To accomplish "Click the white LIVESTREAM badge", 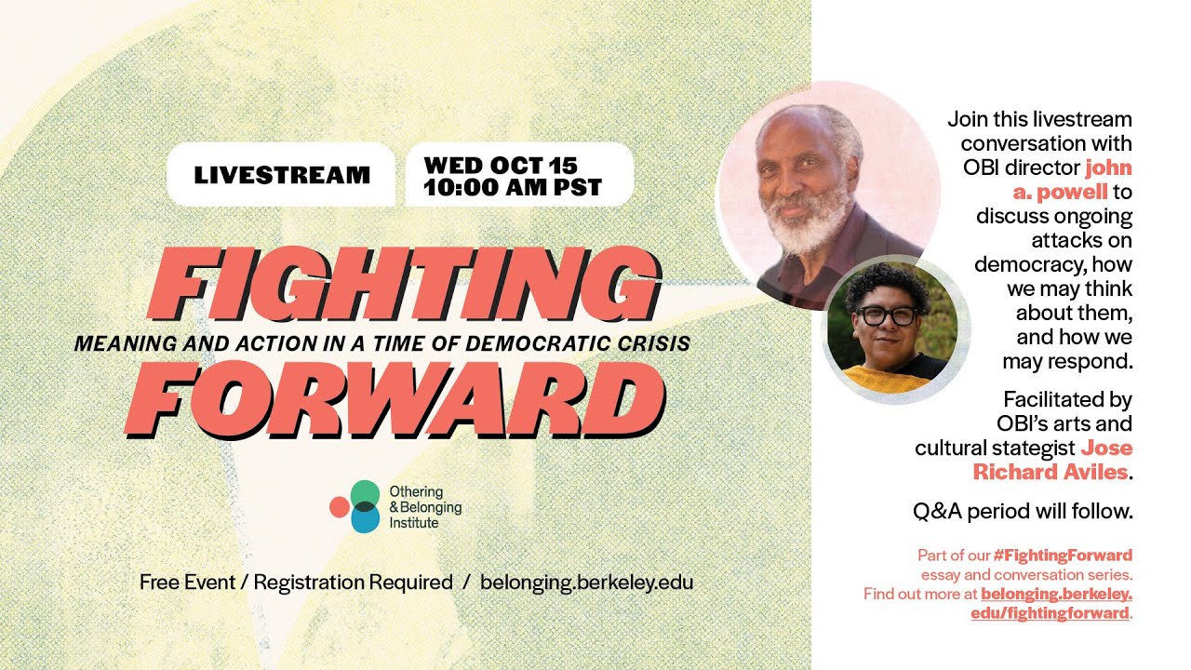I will [x=281, y=174].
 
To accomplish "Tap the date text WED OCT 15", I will [x=501, y=166].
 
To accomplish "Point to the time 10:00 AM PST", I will [x=512, y=187].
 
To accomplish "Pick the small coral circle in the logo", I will [x=339, y=507].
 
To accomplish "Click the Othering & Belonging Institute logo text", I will [x=424, y=507].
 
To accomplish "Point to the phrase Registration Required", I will [x=353, y=583].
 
